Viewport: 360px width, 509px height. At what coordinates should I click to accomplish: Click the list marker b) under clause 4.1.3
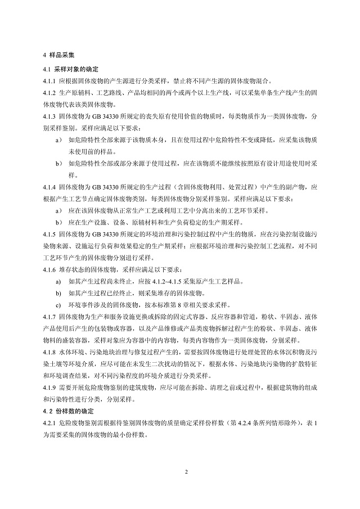pos(58,164)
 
